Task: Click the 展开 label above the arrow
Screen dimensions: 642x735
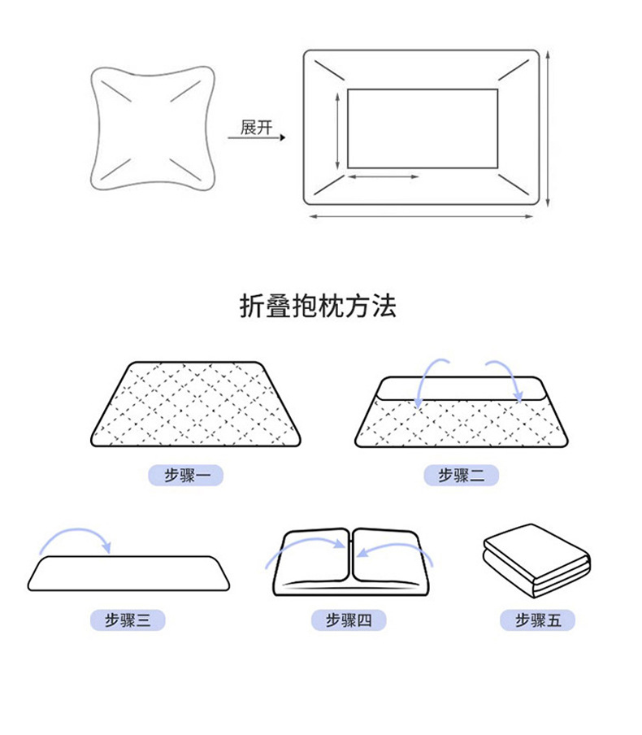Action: coord(256,128)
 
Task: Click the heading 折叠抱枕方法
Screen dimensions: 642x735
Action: coord(318,306)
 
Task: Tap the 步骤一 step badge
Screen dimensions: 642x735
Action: coord(185,476)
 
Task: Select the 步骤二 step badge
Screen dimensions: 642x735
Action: coord(461,476)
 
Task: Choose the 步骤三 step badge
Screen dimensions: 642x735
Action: coord(128,620)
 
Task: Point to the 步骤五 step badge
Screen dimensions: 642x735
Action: coord(537,620)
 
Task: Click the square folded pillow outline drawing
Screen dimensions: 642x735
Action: coord(152,130)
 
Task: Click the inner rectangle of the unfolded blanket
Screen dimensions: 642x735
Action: coord(422,128)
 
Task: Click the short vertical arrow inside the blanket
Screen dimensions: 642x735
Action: coord(336,130)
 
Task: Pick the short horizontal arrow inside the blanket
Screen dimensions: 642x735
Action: coord(383,176)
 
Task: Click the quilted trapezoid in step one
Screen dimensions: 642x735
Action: coord(196,404)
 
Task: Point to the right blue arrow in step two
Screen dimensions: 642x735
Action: coord(505,376)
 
